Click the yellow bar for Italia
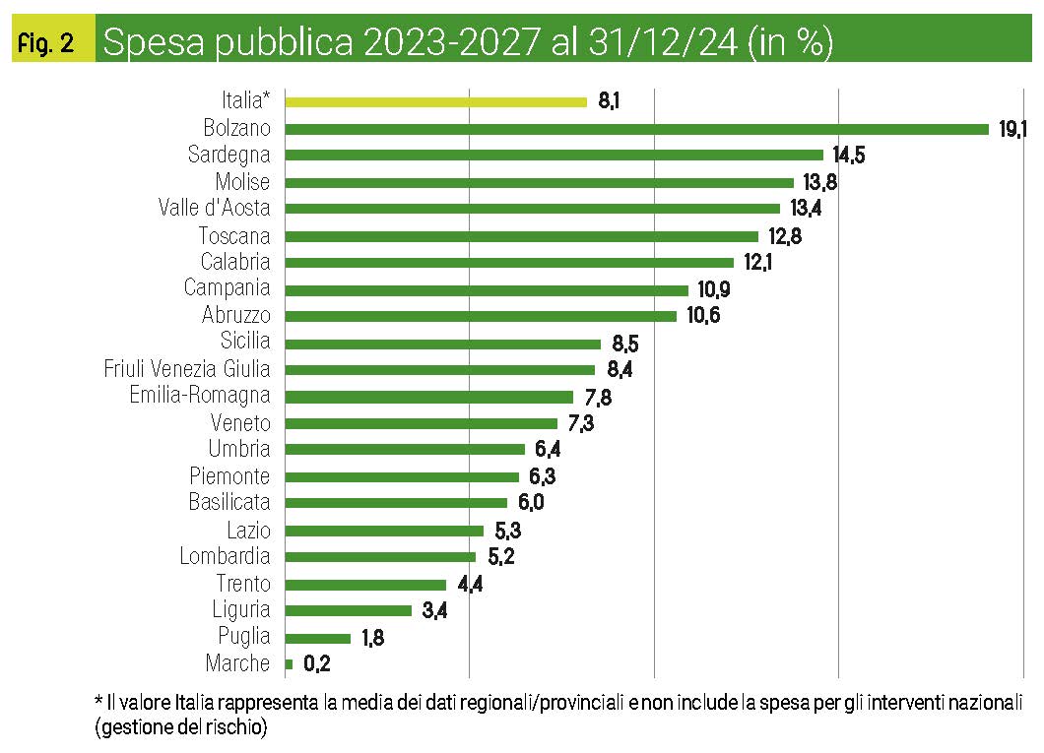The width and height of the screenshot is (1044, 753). (435, 100)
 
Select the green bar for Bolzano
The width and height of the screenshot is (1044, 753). (636, 128)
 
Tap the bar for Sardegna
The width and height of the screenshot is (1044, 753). (554, 155)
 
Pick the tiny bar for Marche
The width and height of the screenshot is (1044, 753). (289, 663)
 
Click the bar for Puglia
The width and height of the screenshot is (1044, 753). (317, 637)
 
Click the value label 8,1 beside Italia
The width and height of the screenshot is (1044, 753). (609, 100)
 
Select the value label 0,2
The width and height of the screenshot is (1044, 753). (316, 663)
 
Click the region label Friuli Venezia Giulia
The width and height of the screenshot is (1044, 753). (187, 369)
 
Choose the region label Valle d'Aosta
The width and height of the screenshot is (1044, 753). (214, 208)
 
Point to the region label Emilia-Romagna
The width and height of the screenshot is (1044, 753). (200, 396)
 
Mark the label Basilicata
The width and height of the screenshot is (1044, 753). (229, 502)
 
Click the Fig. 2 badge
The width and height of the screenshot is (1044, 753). (46, 44)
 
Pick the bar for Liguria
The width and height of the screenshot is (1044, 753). (348, 610)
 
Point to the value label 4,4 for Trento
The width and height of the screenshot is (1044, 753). (470, 584)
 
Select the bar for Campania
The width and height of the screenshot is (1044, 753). (487, 289)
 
